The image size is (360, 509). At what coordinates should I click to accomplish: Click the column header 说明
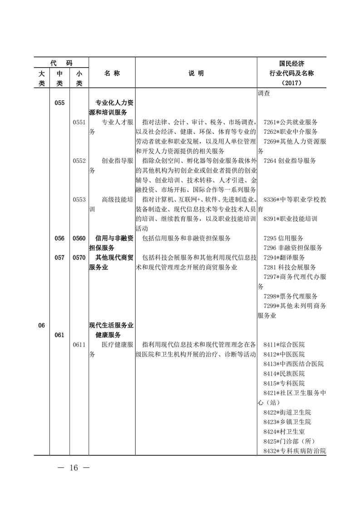point(196,73)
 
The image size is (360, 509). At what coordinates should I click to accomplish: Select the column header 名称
point(112,73)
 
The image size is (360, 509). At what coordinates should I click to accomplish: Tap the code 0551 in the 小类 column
point(79,122)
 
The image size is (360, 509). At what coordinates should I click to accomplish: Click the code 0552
point(79,161)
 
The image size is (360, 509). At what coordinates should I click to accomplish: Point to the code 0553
point(79,199)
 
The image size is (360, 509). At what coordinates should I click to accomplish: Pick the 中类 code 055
point(59,103)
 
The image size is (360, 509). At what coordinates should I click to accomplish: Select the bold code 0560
point(79,238)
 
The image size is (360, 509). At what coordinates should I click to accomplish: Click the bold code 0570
point(79,257)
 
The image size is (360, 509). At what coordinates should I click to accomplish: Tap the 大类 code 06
point(41,325)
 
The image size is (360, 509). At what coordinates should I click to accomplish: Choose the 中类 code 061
point(59,335)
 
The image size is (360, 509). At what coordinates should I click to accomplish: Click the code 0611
point(79,344)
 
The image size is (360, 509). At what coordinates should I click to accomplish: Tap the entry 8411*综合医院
point(284,344)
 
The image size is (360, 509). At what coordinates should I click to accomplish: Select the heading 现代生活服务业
point(111,325)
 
